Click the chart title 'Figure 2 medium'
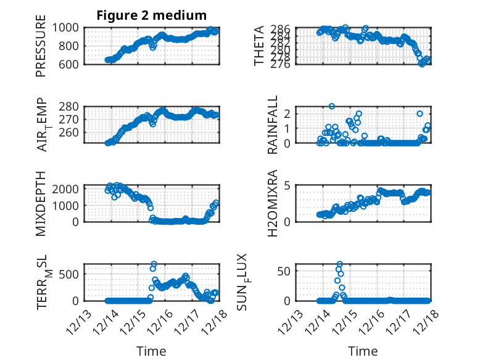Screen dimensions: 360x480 click(151, 15)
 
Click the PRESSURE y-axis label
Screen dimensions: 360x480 click(41, 50)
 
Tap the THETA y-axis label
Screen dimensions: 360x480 click(259, 46)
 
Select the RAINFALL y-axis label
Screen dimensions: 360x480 click(272, 125)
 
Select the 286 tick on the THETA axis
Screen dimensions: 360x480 click(284, 28)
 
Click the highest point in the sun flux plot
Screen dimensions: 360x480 click(339, 264)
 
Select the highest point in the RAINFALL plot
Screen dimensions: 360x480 click(332, 106)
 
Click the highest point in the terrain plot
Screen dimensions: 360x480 click(154, 264)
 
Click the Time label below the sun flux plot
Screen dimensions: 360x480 click(363, 351)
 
